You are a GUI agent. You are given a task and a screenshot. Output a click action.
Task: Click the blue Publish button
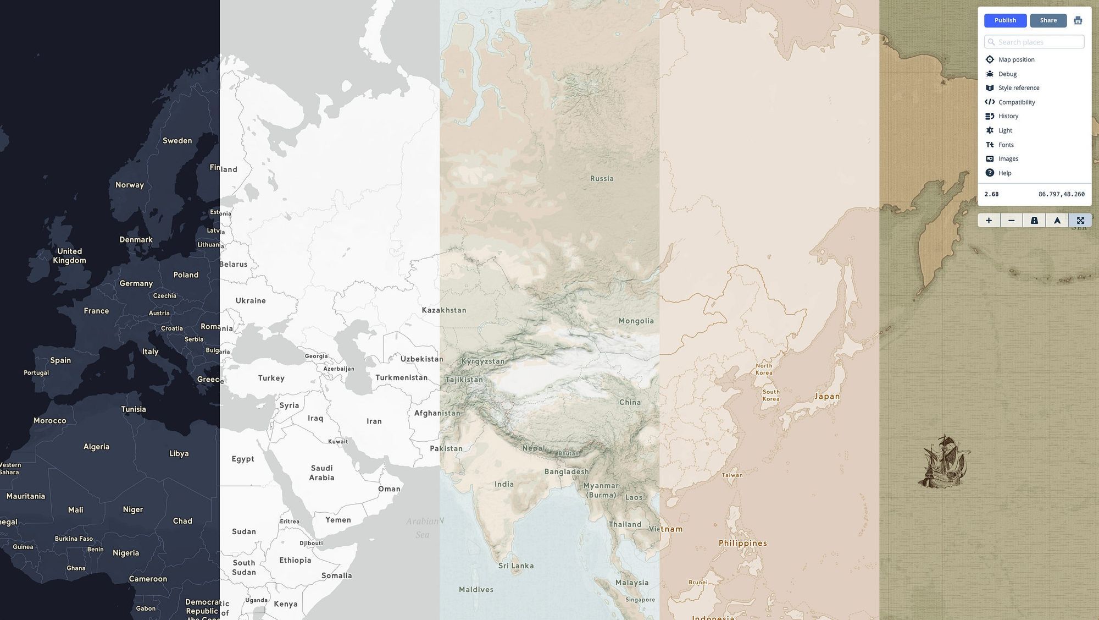pyautogui.click(x=1005, y=20)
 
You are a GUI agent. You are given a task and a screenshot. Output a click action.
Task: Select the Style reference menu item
pyautogui.click(x=1018, y=88)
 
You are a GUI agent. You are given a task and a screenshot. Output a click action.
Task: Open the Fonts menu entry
pyautogui.click(x=1006, y=145)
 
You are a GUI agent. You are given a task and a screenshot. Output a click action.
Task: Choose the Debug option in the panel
pyautogui.click(x=1007, y=74)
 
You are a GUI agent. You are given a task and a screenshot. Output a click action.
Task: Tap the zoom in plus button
pyautogui.click(x=989, y=221)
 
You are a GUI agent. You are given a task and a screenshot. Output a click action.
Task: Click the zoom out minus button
pyautogui.click(x=1011, y=221)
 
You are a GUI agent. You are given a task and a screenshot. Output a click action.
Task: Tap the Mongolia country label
pyautogui.click(x=636, y=321)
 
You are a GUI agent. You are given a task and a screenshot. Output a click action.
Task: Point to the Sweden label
pyautogui.click(x=177, y=141)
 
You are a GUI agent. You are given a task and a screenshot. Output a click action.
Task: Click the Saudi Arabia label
pyautogui.click(x=321, y=473)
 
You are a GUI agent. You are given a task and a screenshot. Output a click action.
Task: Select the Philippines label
pyautogui.click(x=742, y=543)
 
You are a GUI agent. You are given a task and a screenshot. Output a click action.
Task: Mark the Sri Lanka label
pyautogui.click(x=515, y=566)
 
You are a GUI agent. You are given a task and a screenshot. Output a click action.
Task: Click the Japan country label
pyautogui.click(x=826, y=396)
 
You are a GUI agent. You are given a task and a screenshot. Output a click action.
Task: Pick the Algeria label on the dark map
pyautogui.click(x=96, y=447)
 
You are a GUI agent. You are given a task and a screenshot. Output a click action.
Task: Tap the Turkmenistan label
pyautogui.click(x=401, y=377)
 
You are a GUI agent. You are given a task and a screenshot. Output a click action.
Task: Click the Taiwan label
pyautogui.click(x=732, y=475)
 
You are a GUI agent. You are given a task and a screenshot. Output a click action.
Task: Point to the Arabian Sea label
pyautogui.click(x=423, y=528)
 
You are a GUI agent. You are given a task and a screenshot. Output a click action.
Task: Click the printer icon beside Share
pyautogui.click(x=1078, y=20)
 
